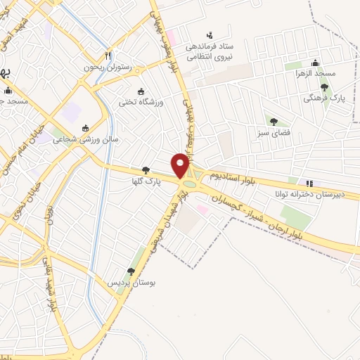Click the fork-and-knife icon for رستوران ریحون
[x=108, y=56]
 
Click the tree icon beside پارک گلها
[x=146, y=169]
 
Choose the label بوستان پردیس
[x=129, y=282]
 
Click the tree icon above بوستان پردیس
[x=131, y=271]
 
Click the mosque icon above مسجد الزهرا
[x=315, y=63]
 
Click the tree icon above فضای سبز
[x=274, y=121]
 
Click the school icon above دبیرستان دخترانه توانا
[x=309, y=184]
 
